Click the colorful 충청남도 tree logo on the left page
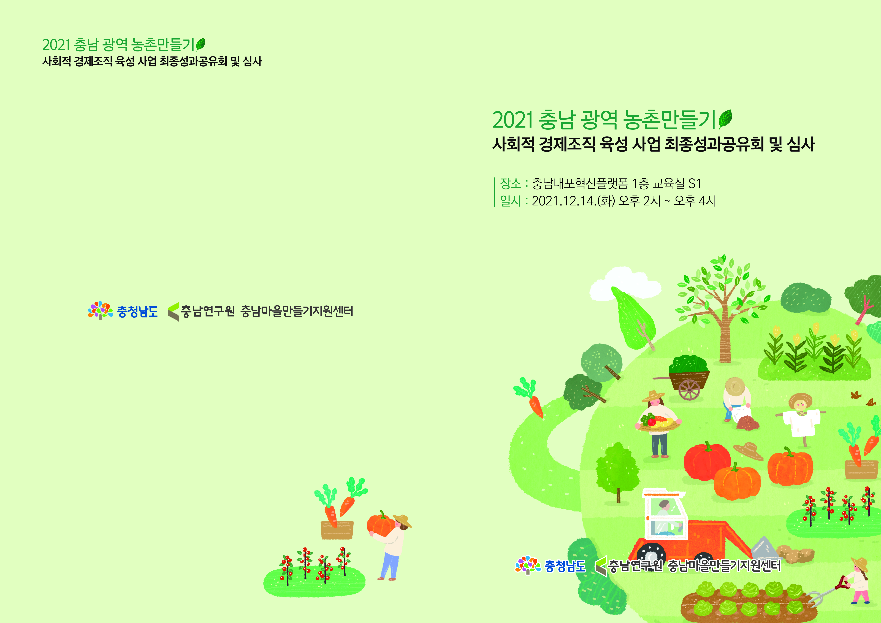pos(100,310)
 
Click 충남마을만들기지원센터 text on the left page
pos(297,311)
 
